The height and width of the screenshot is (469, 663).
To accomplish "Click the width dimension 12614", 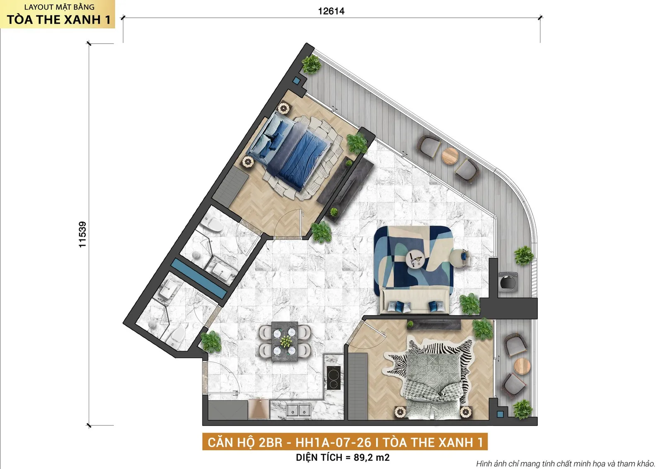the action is coord(331,11).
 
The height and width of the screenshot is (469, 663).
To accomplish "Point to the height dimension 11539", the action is coord(82,234).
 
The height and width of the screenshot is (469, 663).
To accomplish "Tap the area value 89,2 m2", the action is coord(371,457).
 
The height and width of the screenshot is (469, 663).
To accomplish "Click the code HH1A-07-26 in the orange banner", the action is coord(333,442).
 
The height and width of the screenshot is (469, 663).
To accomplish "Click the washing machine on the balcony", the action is coord(508,282).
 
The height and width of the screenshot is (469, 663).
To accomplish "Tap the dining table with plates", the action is coord(285,341).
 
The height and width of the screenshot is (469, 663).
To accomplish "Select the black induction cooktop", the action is coord(334,378).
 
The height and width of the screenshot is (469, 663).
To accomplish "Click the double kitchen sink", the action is coord(299,411).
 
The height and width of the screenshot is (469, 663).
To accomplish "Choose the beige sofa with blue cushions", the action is coord(414,301).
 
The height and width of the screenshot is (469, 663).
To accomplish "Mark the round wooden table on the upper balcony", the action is coord(450,156).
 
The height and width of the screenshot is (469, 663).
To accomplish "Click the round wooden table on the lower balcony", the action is coord(522,366).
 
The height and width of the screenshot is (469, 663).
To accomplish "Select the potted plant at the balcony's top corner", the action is coord(311,64).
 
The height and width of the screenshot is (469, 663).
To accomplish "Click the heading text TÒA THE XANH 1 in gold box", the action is coord(58,19).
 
